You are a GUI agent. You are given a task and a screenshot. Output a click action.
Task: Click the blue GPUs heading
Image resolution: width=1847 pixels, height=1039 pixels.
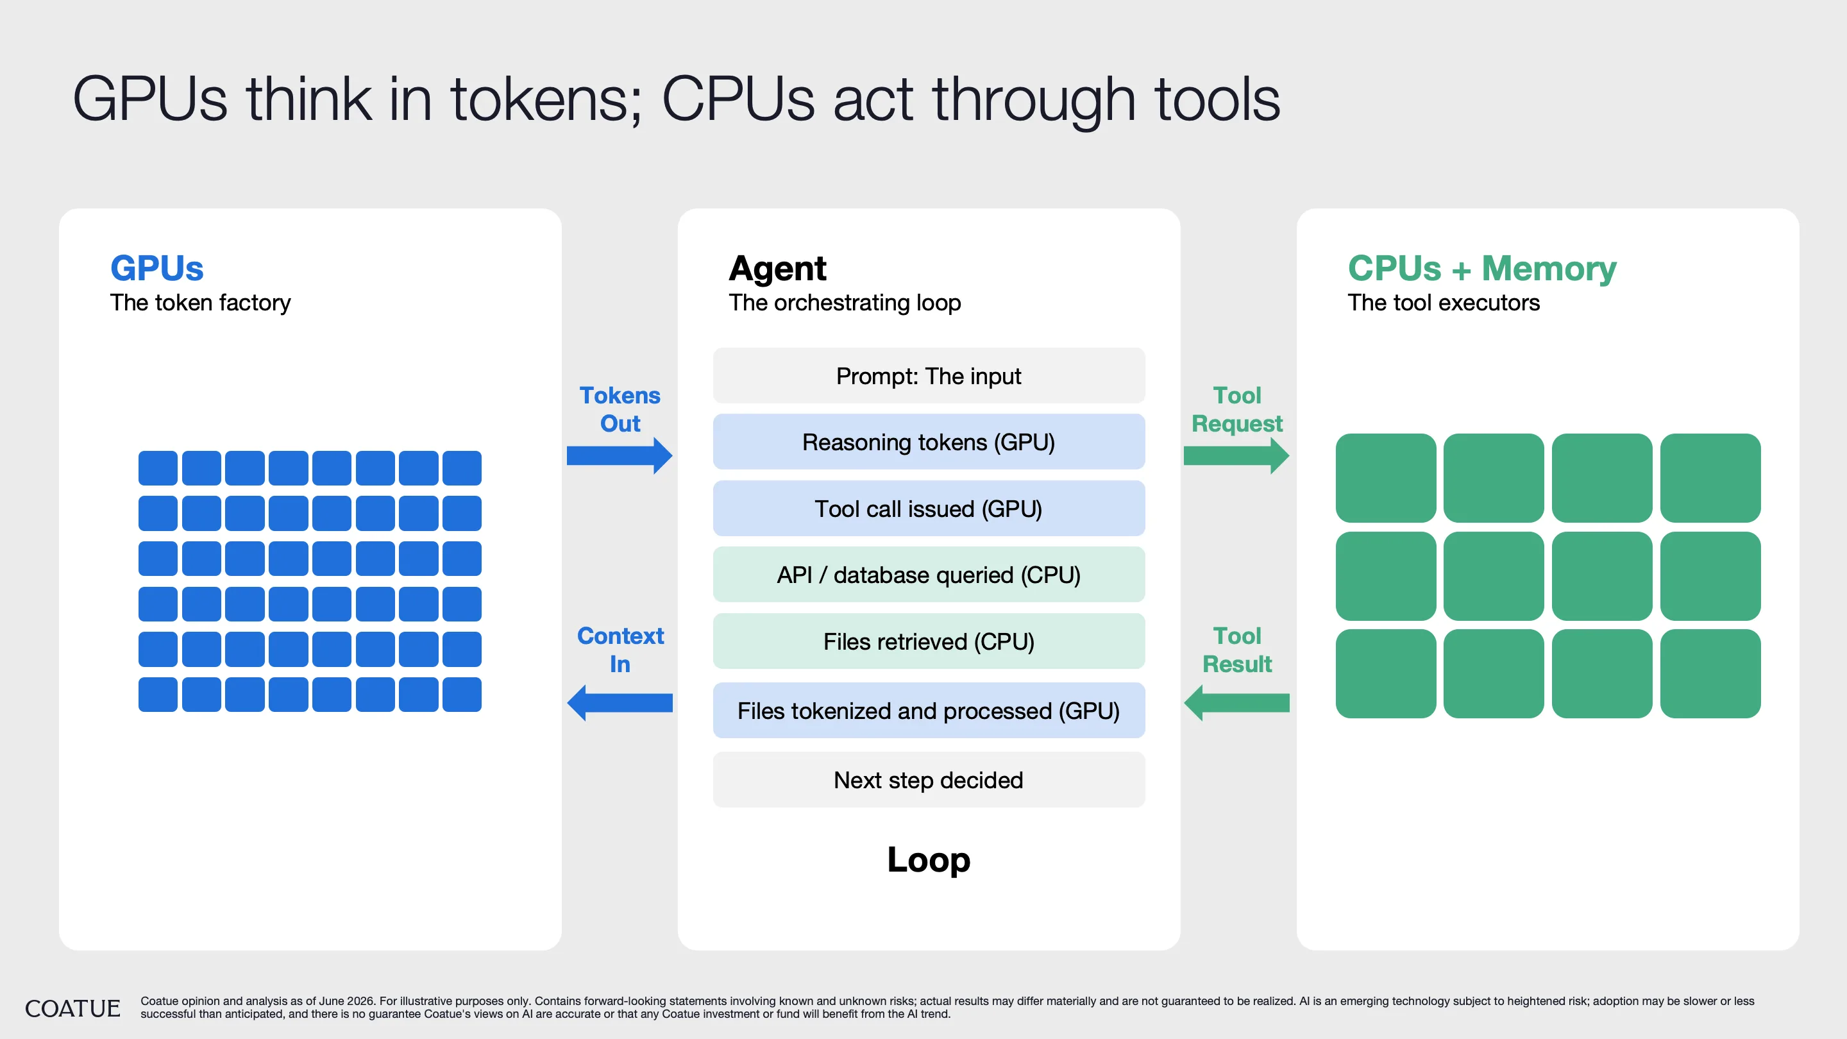click(157, 268)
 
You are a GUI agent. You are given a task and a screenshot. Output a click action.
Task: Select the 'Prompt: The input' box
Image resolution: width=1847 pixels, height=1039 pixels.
click(929, 376)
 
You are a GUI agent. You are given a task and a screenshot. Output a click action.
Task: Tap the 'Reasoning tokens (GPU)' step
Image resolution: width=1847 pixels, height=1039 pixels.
click(929, 442)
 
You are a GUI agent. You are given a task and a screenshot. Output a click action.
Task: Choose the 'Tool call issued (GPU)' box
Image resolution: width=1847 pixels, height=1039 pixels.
click(929, 509)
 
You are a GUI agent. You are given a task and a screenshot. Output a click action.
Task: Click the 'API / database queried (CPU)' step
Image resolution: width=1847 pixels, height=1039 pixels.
click(929, 575)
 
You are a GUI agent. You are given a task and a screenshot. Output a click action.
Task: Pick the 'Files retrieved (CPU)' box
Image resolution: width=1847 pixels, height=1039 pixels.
click(929, 641)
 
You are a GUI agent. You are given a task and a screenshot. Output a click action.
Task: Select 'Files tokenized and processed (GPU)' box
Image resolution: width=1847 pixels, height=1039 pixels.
click(929, 711)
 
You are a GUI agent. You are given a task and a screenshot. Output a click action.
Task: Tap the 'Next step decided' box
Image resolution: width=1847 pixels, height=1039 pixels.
click(929, 779)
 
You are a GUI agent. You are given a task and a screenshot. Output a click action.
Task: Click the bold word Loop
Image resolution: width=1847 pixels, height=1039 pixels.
click(929, 859)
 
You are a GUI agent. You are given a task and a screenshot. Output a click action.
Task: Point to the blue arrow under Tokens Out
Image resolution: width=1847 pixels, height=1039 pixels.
click(620, 455)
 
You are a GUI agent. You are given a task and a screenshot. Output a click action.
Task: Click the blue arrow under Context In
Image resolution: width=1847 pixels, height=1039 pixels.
click(620, 703)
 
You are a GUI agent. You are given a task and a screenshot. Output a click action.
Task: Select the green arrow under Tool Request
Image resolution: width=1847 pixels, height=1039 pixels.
click(1236, 455)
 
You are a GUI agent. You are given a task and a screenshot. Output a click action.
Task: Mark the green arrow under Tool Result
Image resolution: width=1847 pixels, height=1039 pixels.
click(1236, 703)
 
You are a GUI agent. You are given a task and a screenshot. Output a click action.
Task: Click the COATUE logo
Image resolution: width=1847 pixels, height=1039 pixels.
click(72, 1008)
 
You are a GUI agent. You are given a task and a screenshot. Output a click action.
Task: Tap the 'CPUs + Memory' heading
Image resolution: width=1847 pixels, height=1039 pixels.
click(1482, 268)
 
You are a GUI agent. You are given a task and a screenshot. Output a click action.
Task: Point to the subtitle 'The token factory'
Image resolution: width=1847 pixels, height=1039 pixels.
click(200, 303)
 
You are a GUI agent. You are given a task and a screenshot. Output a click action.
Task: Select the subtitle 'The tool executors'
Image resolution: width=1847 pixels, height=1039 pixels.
click(1444, 303)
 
